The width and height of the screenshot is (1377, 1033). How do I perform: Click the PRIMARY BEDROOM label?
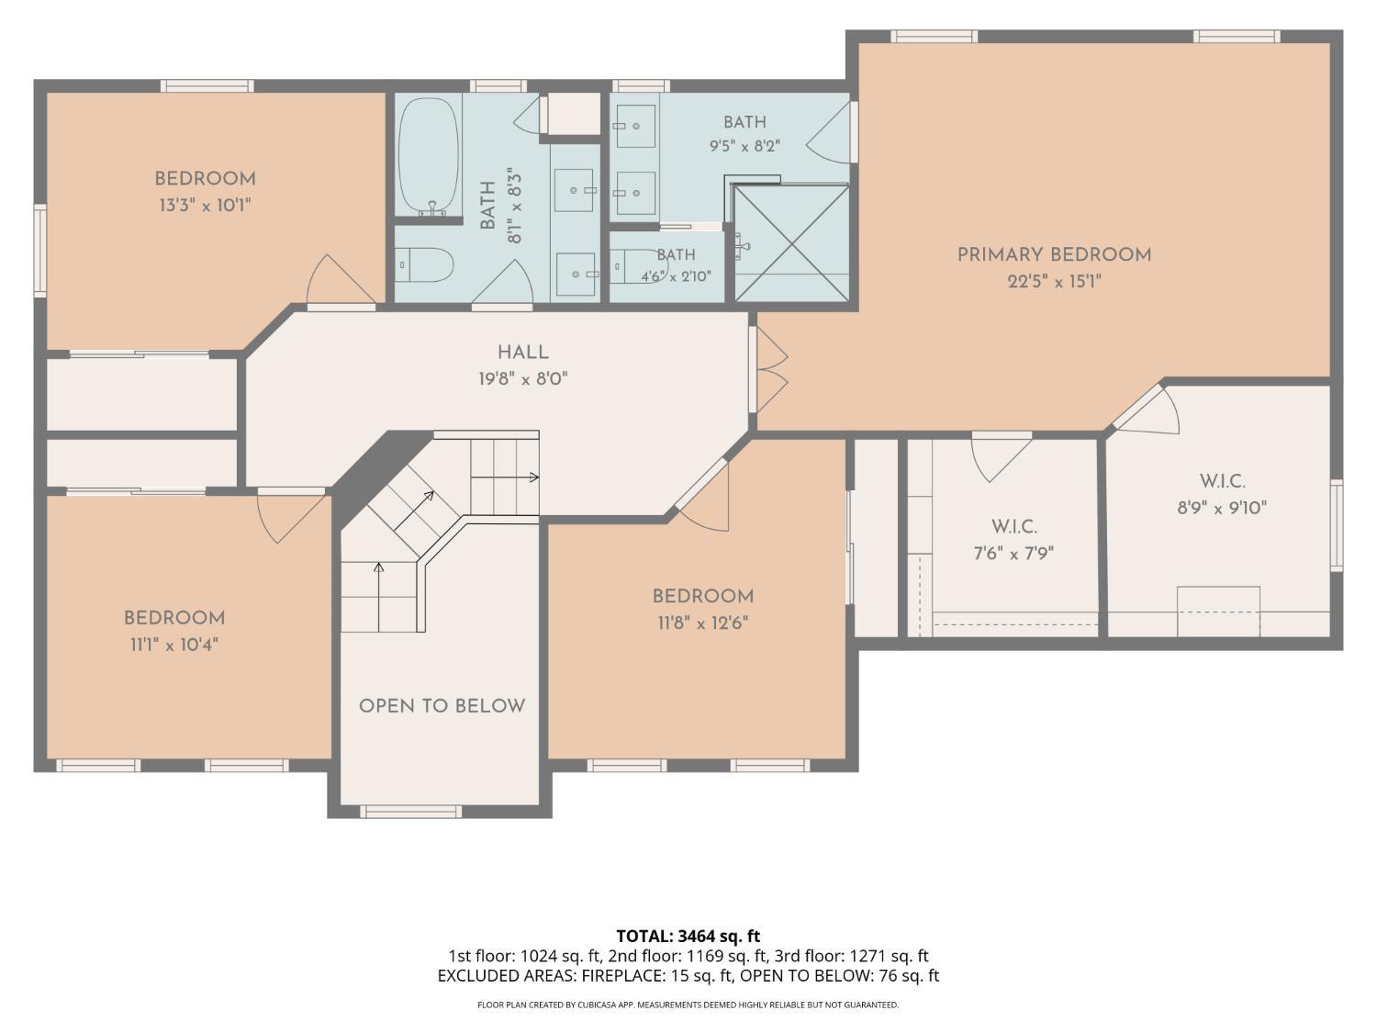[1054, 254]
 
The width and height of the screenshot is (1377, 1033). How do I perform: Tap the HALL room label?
[523, 353]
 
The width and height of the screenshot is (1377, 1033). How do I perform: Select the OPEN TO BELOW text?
[442, 706]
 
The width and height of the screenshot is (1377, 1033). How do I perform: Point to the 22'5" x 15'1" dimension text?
[1054, 282]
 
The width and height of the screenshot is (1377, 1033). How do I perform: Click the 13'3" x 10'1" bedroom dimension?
[205, 205]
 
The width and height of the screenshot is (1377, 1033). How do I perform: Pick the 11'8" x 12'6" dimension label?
[703, 623]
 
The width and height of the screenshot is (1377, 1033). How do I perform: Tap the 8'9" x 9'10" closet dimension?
[1222, 508]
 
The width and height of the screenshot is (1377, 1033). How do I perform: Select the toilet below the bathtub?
[424, 264]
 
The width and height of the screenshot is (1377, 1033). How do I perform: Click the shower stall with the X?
[791, 243]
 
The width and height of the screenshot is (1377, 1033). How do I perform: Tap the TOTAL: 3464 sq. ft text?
[688, 937]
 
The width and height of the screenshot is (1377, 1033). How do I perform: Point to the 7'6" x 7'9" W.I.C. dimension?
[1013, 553]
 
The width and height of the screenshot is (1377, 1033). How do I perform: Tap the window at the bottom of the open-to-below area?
[411, 812]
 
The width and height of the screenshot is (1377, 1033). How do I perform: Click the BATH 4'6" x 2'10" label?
[676, 265]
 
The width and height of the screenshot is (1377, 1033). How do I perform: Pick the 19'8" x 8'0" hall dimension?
[523, 379]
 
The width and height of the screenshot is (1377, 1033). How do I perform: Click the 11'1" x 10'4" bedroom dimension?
[174, 645]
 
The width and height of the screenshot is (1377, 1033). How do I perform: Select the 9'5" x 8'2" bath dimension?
[744, 146]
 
